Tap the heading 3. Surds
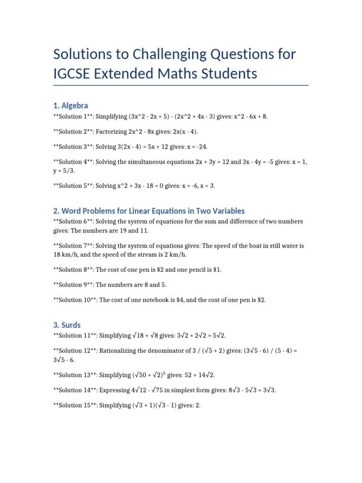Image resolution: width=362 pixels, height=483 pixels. tap(67, 325)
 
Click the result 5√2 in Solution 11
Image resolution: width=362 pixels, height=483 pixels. tap(219, 335)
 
